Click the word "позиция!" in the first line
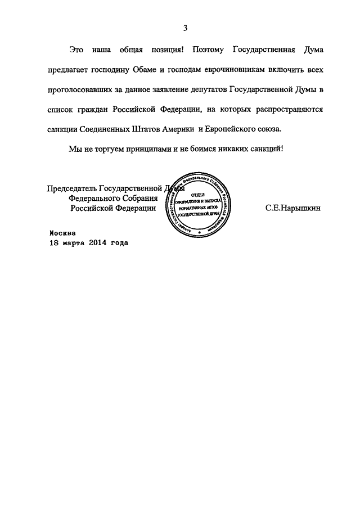166,50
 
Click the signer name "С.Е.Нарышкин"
292,208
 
